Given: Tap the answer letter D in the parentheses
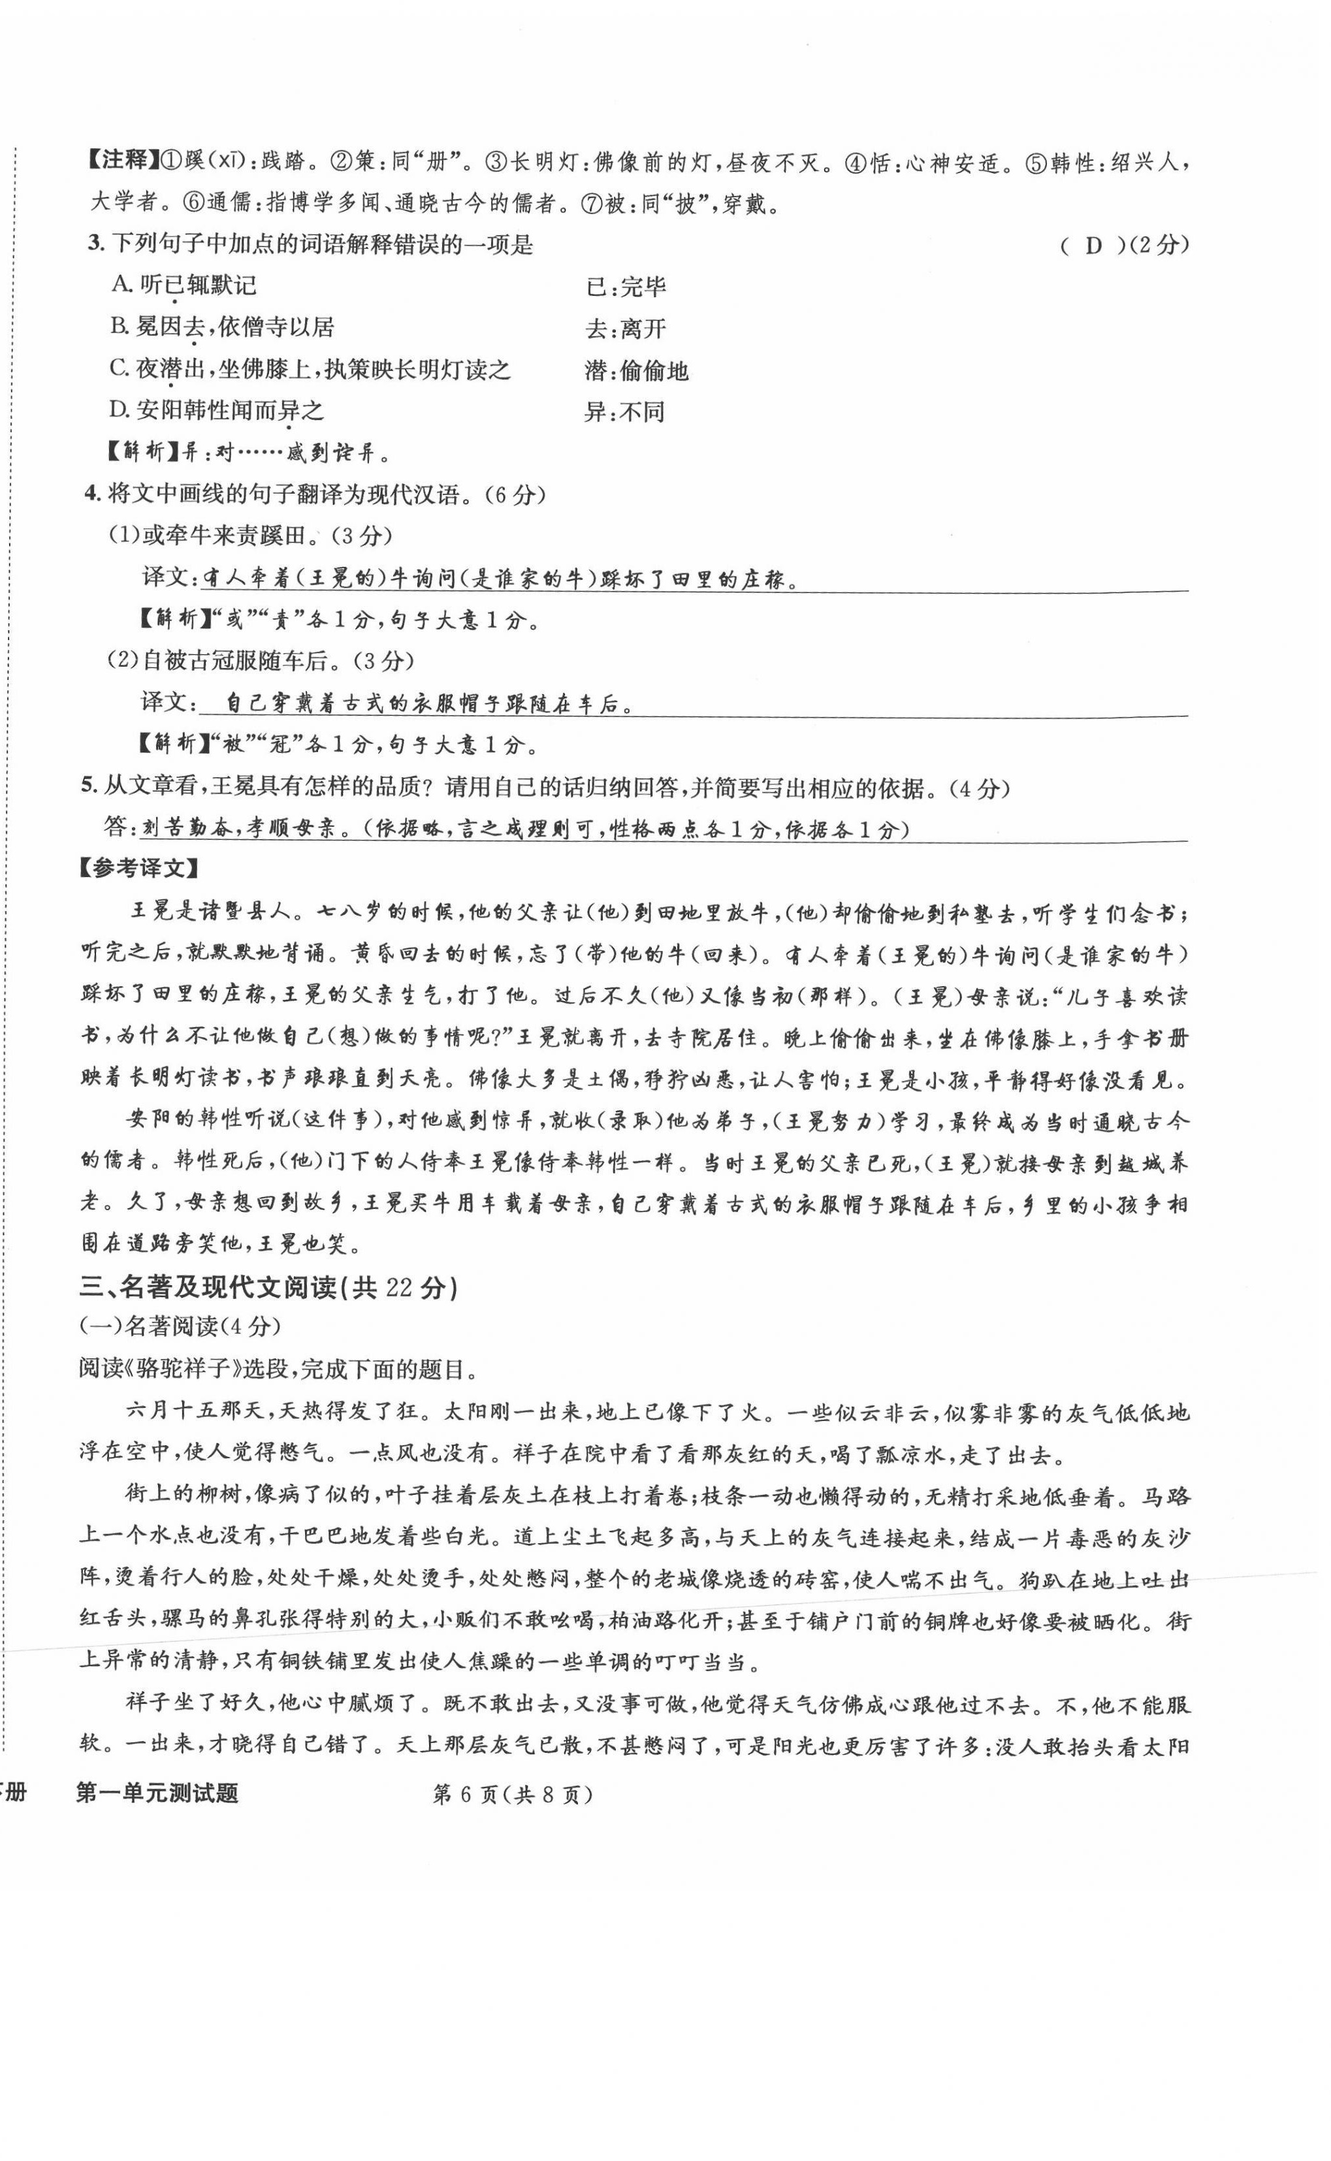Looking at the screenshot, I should (1094, 246).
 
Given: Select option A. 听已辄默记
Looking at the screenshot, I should (185, 285).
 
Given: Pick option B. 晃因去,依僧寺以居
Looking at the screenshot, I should (222, 327).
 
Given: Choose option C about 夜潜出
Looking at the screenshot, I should (310, 369).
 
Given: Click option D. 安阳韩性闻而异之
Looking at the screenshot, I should (217, 410).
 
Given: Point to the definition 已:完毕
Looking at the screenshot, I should (626, 287).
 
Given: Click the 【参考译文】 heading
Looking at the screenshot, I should (138, 869).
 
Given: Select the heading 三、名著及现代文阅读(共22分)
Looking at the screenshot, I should (268, 1288).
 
